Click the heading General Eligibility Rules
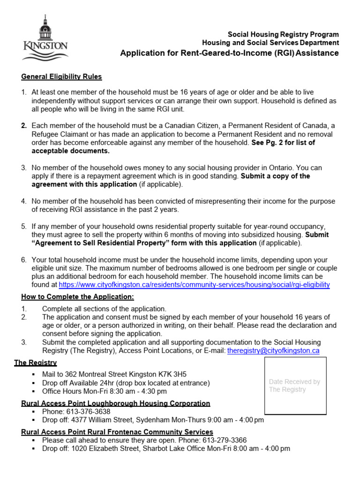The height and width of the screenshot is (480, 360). coord(61,77)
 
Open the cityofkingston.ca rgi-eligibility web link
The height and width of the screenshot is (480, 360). coord(194,285)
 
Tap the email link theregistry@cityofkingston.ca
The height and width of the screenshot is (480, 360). coord(273,351)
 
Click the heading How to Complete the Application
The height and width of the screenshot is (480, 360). coord(77,297)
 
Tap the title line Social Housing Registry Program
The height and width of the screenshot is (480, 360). coord(283,35)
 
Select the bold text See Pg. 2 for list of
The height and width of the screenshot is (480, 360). coord(283,142)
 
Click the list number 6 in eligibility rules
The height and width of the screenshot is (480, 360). coord(23,260)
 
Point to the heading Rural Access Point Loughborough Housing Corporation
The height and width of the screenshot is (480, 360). coord(116,403)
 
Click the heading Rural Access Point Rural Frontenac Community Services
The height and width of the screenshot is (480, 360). coord(117,432)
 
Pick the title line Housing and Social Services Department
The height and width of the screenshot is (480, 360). coord(270,43)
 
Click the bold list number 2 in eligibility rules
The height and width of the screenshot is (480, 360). coord(23,126)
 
